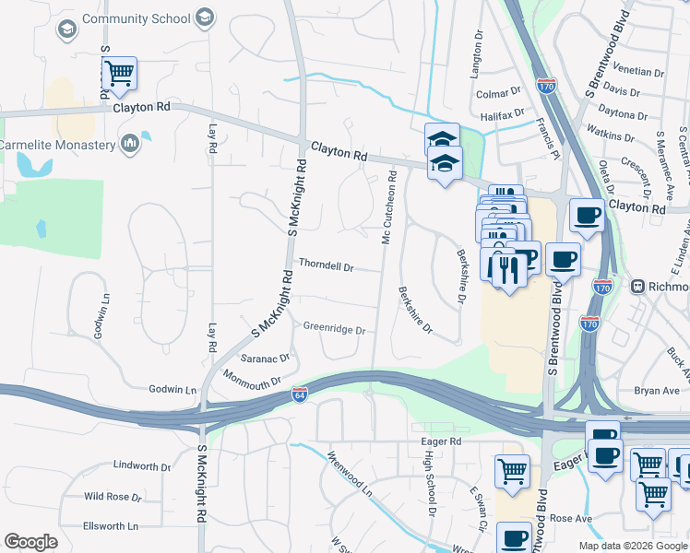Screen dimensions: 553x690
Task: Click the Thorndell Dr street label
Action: pyautogui.click(x=326, y=266)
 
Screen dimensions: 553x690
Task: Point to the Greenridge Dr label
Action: pyautogui.click(x=334, y=329)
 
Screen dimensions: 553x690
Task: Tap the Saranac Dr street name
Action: pyautogui.click(x=265, y=357)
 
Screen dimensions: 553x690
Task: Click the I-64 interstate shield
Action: pyautogui.click(x=298, y=392)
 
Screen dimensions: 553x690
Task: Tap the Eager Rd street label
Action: pyautogui.click(x=442, y=442)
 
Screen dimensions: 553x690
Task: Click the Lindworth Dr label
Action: pyautogui.click(x=140, y=466)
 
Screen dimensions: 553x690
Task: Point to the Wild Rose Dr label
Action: pyautogui.click(x=113, y=497)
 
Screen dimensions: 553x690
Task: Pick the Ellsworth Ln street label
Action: pyautogui.click(x=110, y=526)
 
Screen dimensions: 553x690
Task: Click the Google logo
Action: pyautogui.click(x=30, y=542)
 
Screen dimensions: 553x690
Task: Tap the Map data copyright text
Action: pyautogui.click(x=632, y=546)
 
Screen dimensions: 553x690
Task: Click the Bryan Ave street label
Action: pyautogui.click(x=656, y=392)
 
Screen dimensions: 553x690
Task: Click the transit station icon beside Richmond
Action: pyautogui.click(x=636, y=287)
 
